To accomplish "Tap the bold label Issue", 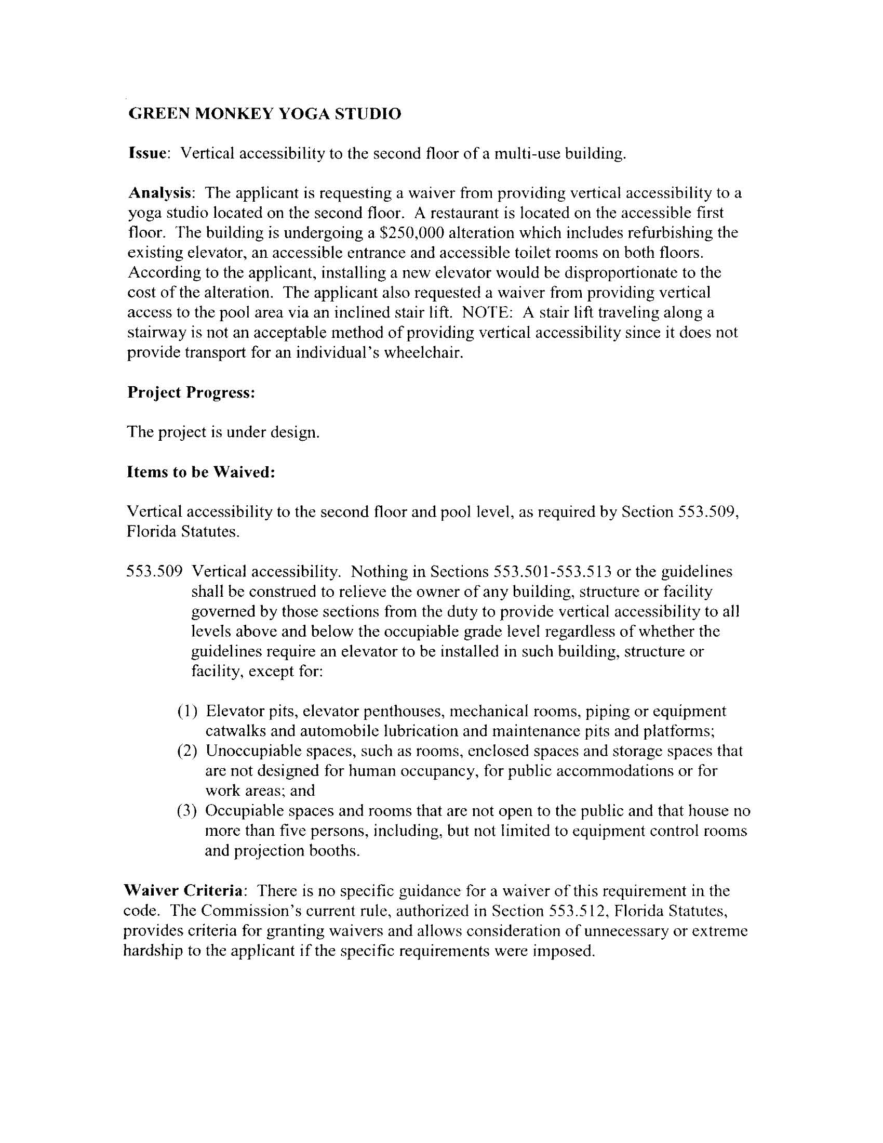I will coord(148,153).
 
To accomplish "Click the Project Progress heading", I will coord(191,392).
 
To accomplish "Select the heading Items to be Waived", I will coord(201,472).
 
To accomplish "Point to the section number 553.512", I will coord(577,911).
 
